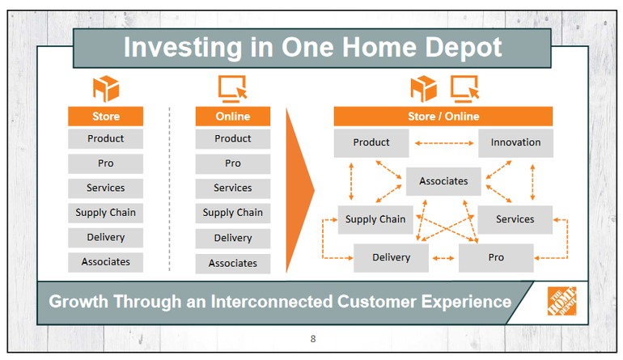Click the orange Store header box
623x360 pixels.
pyautogui.click(x=106, y=116)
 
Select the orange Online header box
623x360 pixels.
pyautogui.click(x=233, y=116)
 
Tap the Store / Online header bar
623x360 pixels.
pyautogui.click(x=443, y=116)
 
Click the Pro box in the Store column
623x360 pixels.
pyautogui.click(x=106, y=163)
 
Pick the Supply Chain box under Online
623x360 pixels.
pyautogui.click(x=233, y=213)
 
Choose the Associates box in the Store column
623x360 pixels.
pyautogui.click(x=106, y=262)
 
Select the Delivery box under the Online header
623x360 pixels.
pyautogui.click(x=233, y=238)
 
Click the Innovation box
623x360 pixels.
pyautogui.click(x=515, y=142)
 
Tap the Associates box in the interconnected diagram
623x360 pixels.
pyautogui.click(x=443, y=181)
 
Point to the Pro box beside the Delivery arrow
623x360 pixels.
pyautogui.click(x=496, y=258)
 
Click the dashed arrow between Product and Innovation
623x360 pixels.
pyautogui.click(x=444, y=143)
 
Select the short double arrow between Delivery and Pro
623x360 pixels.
pyautogui.click(x=443, y=258)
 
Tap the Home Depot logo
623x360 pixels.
pyautogui.click(x=562, y=301)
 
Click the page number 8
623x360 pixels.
pyautogui.click(x=313, y=339)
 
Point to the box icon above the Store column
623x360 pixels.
pyautogui.click(x=106, y=89)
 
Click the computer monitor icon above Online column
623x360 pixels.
pyautogui.click(x=233, y=89)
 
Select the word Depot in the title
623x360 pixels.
pyautogui.click(x=464, y=48)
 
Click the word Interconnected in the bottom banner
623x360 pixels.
pyautogui.click(x=271, y=302)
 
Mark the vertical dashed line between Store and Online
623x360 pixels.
pyautogui.click(x=169, y=189)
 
